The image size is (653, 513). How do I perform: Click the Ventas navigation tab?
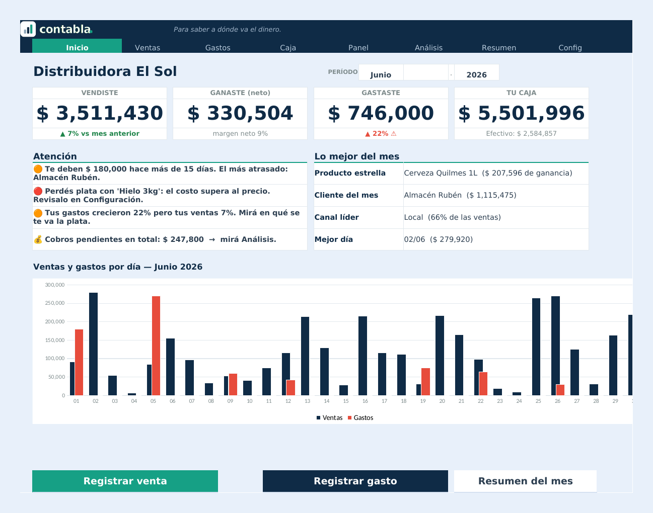click(x=147, y=48)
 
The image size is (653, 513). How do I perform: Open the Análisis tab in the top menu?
click(x=428, y=48)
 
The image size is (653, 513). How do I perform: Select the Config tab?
click(x=570, y=48)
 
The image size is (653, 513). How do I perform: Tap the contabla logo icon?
click(x=28, y=29)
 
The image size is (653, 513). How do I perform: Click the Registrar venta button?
click(x=125, y=481)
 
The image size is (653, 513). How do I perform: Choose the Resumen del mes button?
click(x=525, y=481)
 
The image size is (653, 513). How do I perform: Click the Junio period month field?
click(x=381, y=74)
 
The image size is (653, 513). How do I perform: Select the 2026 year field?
click(x=476, y=74)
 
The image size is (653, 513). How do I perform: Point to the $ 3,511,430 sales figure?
click(x=100, y=113)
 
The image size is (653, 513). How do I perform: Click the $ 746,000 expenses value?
click(x=381, y=113)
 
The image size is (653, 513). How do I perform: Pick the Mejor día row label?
click(x=333, y=239)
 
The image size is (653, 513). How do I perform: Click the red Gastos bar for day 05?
click(x=156, y=346)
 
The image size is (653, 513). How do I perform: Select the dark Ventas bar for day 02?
click(x=94, y=344)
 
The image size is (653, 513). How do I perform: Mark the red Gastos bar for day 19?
click(x=426, y=381)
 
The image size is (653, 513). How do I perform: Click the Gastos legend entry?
click(x=360, y=418)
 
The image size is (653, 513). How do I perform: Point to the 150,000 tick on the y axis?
click(x=55, y=340)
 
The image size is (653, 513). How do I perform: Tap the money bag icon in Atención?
click(x=38, y=239)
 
